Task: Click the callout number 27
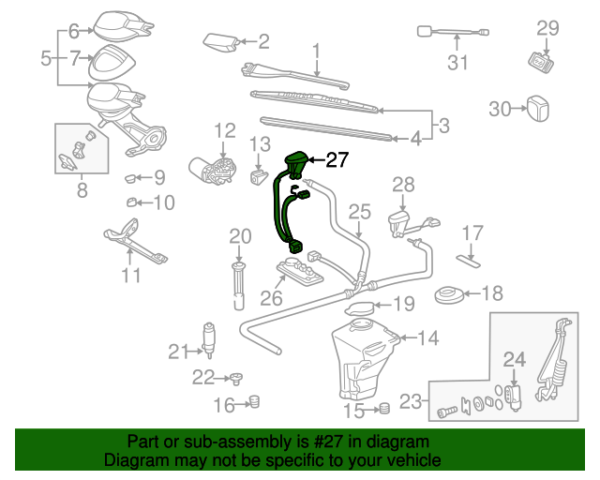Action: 337,160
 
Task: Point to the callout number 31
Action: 457,64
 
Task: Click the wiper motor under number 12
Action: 214,170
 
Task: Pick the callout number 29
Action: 547,28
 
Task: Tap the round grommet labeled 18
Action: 454,297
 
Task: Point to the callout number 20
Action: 240,235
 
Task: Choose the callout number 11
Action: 131,275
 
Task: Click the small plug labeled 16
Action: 251,404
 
